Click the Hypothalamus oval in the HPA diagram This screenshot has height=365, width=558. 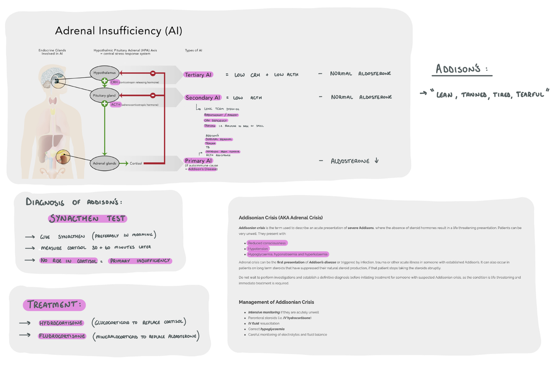(104, 73)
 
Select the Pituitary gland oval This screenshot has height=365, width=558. (104, 96)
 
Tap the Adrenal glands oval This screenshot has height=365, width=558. (104, 163)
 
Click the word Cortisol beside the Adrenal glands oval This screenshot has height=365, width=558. (136, 163)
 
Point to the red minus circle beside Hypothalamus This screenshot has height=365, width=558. (153, 73)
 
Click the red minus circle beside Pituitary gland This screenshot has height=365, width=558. (153, 96)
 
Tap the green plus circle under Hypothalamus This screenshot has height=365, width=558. (105, 81)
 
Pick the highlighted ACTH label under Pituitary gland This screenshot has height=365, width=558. (116, 104)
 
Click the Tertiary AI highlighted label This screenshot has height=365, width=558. (198, 75)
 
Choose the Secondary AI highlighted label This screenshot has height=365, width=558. (203, 98)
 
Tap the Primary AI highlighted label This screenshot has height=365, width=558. (198, 160)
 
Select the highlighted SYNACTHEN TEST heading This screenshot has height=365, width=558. (87, 218)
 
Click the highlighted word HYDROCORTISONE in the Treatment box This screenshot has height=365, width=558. (61, 323)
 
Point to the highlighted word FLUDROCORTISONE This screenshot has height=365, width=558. (62, 336)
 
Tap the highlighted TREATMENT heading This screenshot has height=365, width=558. (54, 305)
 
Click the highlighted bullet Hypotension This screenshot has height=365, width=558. (258, 249)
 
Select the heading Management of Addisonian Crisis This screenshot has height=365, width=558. (276, 302)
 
